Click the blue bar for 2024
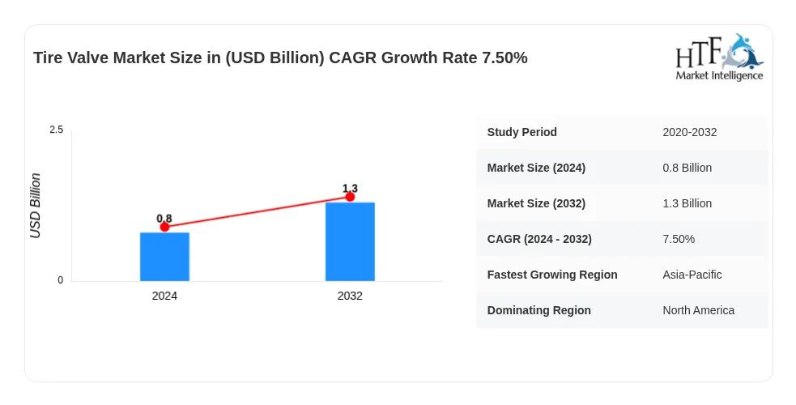coord(164,257)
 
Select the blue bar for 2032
coord(350,241)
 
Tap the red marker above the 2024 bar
coord(164,227)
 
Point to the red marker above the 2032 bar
coord(350,196)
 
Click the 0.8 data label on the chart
coord(164,218)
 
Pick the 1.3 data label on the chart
coord(350,188)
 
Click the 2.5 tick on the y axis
coord(57,130)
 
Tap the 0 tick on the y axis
coord(61,280)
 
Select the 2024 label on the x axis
coord(164,296)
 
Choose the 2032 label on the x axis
coord(350,296)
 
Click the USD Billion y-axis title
coord(35,206)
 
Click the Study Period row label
coord(521,132)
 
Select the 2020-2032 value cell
coord(689,132)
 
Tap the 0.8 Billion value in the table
coord(687,168)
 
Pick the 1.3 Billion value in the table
coord(687,203)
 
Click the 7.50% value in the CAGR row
coord(679,239)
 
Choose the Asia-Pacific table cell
coord(692,275)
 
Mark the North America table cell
coord(699,310)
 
